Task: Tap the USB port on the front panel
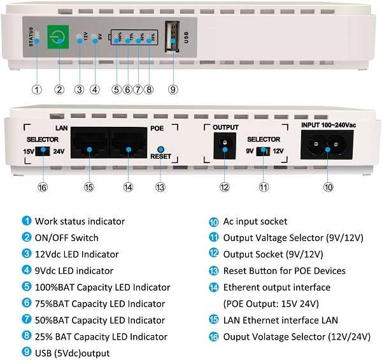tap(172, 38)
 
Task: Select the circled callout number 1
tap(38, 89)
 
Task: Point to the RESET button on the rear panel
tap(160, 147)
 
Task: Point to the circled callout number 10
tap(328, 187)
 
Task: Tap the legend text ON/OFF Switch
tap(66, 238)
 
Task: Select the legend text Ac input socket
tap(255, 222)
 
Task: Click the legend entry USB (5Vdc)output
tap(72, 353)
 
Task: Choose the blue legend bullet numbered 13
tap(214, 271)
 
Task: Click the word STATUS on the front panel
tap(31, 37)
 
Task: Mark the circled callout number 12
tap(224, 187)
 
